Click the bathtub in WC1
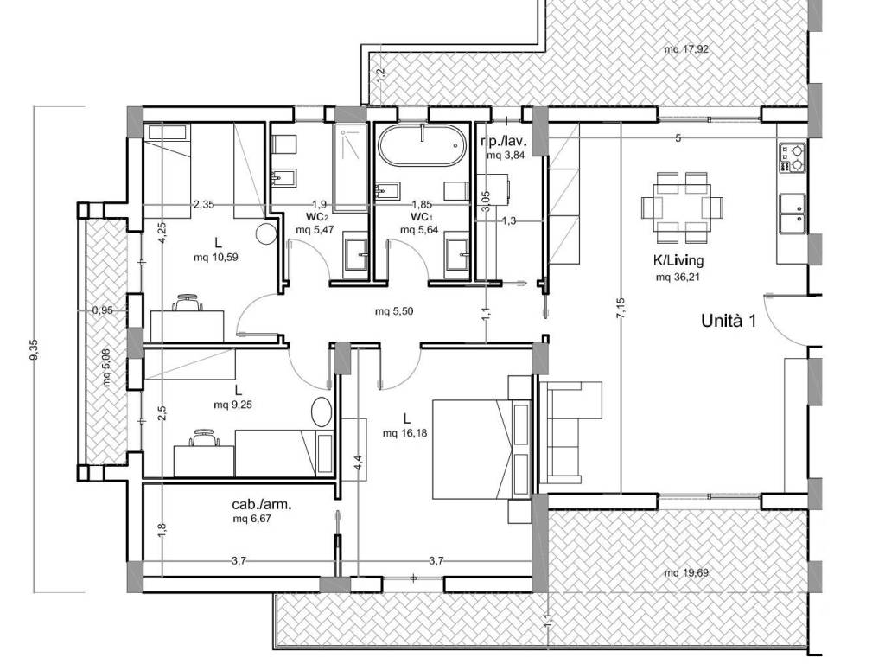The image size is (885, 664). pyautogui.click(x=423, y=145)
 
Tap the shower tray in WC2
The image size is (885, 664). pyautogui.click(x=351, y=168)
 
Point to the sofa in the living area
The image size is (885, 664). pyautogui.click(x=570, y=432)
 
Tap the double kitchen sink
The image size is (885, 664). pyautogui.click(x=792, y=214)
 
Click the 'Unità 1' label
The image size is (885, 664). pyautogui.click(x=728, y=322)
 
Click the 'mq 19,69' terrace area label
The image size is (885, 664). pyautogui.click(x=685, y=573)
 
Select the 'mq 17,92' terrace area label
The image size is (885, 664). pyautogui.click(x=685, y=49)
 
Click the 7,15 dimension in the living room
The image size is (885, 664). pyautogui.click(x=620, y=309)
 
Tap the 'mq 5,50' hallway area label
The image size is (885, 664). pyautogui.click(x=394, y=311)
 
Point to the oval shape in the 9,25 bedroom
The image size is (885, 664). pyautogui.click(x=322, y=412)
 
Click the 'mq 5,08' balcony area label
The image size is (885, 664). pyautogui.click(x=106, y=367)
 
